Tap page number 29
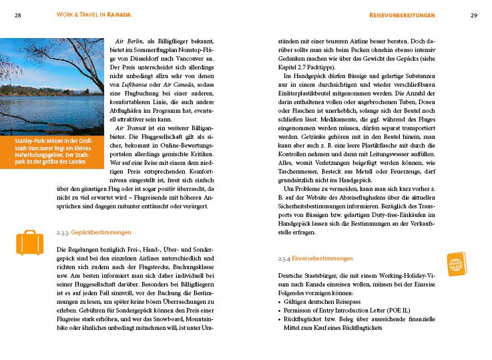(x=473, y=15)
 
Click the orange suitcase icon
(x=29, y=242)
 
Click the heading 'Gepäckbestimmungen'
(x=101, y=232)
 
